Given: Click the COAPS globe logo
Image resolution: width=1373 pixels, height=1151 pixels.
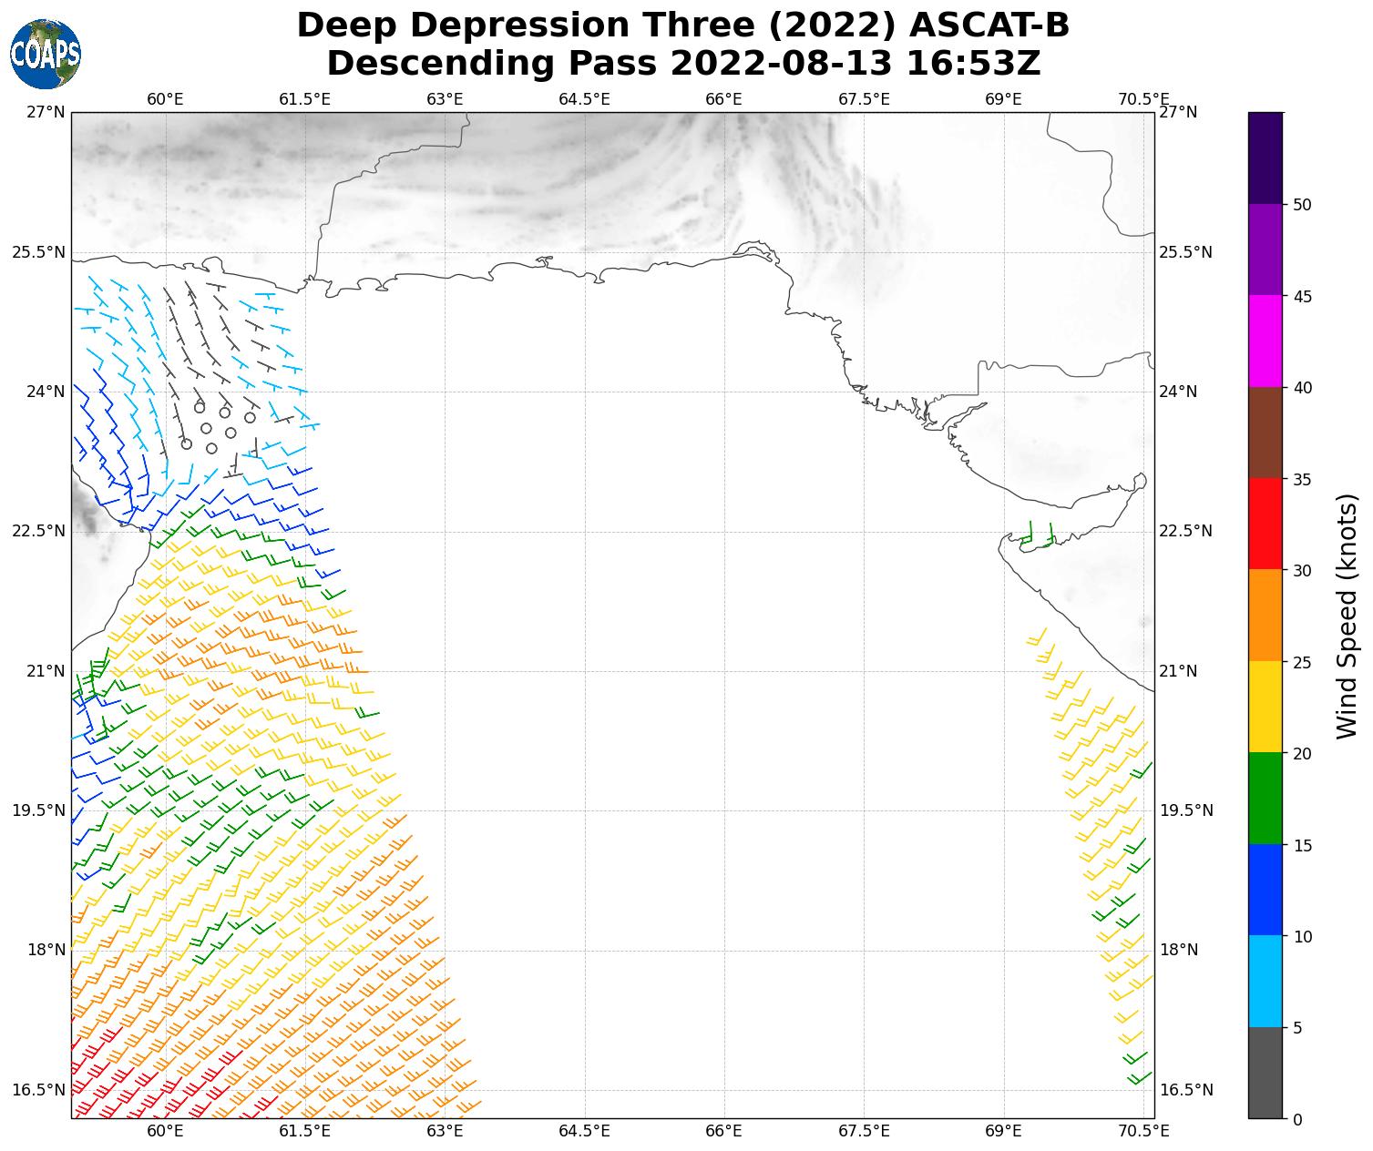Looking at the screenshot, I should (46, 54).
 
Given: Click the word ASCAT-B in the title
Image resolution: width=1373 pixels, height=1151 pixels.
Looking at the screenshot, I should (989, 25).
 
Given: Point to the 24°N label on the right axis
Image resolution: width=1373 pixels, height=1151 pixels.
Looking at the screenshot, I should (1177, 392).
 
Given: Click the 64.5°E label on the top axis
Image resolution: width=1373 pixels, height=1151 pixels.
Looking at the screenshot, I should (584, 98).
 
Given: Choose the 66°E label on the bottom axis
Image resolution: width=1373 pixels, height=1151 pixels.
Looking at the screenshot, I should (724, 1131).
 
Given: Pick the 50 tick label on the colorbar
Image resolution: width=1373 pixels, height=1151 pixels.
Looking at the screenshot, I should (1302, 204).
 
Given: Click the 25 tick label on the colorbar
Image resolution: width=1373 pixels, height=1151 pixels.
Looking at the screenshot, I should (1302, 662).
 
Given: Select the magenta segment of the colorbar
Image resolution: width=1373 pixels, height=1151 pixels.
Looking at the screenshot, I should (1265, 341).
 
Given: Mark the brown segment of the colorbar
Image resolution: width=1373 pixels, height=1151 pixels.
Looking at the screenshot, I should (1265, 433).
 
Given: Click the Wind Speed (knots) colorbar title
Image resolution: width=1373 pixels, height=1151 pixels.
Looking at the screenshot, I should (1347, 616).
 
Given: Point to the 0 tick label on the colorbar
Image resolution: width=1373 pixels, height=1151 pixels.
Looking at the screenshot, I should (1297, 1119).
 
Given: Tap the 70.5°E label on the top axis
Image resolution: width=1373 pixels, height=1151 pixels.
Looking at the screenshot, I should (1144, 98).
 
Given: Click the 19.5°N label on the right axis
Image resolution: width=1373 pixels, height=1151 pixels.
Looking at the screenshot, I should (1185, 810).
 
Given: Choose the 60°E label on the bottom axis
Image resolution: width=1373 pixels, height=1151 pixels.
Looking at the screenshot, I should (165, 1131).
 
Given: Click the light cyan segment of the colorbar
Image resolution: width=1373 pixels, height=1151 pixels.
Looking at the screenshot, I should (1265, 982).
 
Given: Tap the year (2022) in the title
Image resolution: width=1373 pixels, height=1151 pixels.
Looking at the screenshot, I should (835, 25).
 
